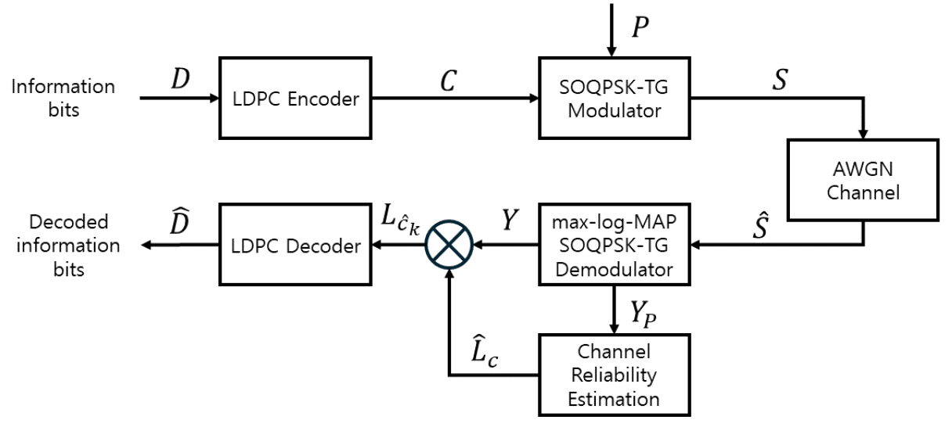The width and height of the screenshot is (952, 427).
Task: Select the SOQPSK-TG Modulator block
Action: click(x=615, y=98)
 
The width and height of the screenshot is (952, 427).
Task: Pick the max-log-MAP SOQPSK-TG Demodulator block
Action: click(x=614, y=245)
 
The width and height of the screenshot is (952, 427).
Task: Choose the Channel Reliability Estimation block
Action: click(x=615, y=369)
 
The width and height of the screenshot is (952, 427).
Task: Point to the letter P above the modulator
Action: click(x=640, y=27)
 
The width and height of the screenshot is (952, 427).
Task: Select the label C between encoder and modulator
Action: click(x=447, y=80)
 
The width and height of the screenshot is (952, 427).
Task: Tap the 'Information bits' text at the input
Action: click(x=63, y=99)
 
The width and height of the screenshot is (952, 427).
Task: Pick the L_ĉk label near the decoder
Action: click(x=401, y=222)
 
